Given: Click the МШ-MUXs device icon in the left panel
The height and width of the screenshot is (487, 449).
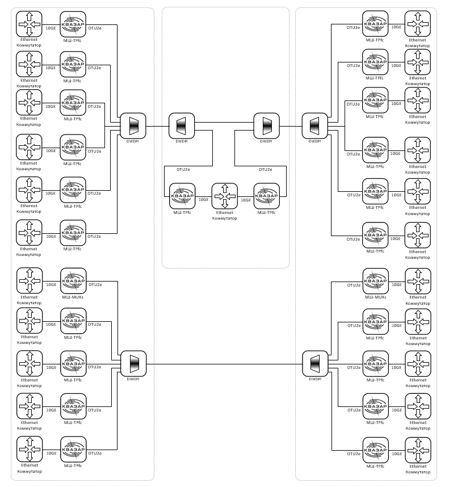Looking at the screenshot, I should tap(73, 281).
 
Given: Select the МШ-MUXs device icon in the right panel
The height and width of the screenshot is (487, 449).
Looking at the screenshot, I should tap(375, 281).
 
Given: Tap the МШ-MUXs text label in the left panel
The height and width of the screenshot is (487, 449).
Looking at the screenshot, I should tap(73, 297).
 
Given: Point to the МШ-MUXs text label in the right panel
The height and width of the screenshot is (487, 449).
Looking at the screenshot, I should tap(375, 297).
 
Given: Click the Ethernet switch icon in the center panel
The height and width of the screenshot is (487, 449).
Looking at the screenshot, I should tap(225, 196).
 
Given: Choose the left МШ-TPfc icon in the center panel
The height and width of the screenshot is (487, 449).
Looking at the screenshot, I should tap(182, 196).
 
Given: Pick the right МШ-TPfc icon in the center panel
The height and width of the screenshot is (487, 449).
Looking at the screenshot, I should tap(267, 196).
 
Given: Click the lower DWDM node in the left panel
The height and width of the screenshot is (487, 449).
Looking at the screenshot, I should tap(133, 363).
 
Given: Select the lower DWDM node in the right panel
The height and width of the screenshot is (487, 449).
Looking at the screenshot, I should tap(315, 363).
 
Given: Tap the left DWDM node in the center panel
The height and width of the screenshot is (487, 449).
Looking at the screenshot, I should tap(182, 126).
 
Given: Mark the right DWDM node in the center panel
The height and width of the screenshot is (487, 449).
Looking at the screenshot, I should tap(266, 126).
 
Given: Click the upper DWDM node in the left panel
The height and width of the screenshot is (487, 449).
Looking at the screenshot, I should tap(133, 126).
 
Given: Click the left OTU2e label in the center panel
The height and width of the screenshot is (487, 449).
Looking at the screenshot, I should tap(183, 170).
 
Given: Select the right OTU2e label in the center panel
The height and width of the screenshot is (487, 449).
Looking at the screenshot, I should tap(265, 170).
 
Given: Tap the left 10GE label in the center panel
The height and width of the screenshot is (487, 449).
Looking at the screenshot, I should tap(203, 200).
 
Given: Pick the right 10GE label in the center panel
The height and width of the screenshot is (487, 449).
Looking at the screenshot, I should tap(246, 200).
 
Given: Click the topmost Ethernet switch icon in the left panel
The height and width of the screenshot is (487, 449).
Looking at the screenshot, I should tap(29, 24).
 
